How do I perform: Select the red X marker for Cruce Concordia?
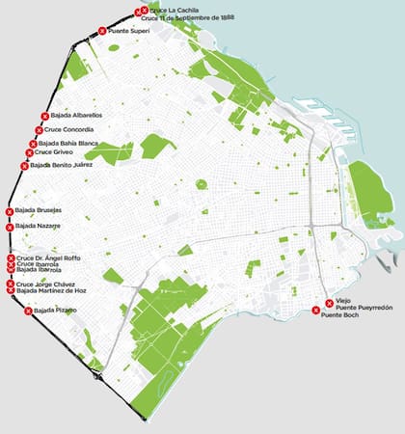pos(40,130)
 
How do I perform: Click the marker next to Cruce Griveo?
pos(29,152)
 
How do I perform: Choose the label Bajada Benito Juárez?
pos(62,166)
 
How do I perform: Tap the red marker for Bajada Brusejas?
pos(10,211)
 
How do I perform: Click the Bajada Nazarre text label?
pos(39,227)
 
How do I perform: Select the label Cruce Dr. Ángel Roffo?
pos(49,258)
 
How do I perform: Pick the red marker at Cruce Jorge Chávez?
pos(11,285)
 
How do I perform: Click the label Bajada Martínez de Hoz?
pos(52,290)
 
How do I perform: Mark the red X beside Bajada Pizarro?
pos(28,311)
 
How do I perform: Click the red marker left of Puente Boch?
pos(316,310)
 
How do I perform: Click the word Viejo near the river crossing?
pos(344,301)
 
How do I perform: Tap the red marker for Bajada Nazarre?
pos(10,228)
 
